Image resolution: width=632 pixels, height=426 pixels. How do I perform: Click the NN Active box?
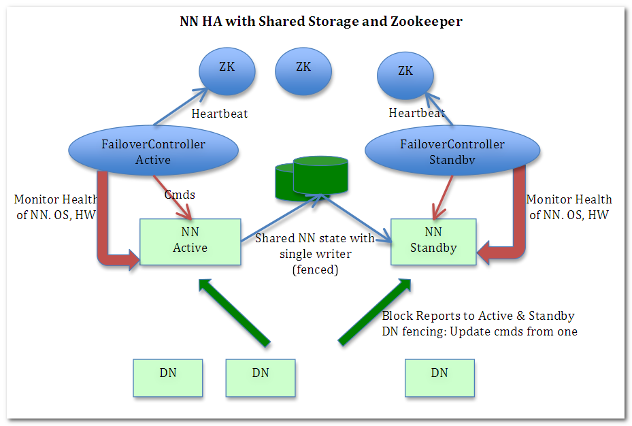(190, 241)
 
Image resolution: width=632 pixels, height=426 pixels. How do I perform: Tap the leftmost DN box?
(168, 378)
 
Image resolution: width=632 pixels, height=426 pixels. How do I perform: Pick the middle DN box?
(261, 378)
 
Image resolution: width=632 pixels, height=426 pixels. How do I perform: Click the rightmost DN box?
(439, 378)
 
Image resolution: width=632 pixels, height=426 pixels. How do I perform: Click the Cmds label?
(180, 195)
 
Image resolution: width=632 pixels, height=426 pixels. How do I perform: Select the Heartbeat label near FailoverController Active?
(220, 114)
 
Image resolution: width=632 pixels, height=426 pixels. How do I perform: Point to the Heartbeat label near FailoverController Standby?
(416, 113)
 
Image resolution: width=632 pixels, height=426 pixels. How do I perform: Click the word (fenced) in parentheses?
(315, 269)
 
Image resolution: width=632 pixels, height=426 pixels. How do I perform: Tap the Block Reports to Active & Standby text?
(478, 316)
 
